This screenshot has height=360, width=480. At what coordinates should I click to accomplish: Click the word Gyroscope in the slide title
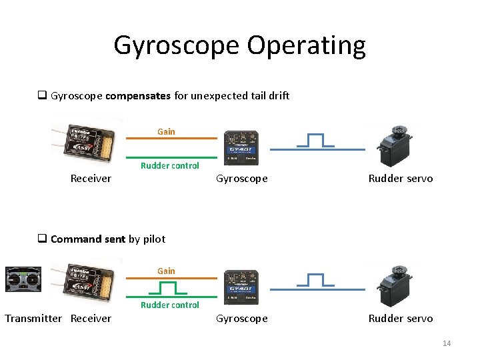(x=176, y=46)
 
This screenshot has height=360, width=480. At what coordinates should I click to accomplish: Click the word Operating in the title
(x=306, y=46)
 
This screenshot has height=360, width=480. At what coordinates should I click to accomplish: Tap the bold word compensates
(x=138, y=95)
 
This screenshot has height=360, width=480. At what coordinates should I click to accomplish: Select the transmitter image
(x=23, y=279)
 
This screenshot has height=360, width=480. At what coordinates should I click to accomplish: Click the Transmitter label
(x=33, y=319)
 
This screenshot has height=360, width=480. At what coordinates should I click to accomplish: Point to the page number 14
(x=447, y=343)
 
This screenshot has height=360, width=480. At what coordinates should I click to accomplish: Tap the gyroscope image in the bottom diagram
(x=242, y=287)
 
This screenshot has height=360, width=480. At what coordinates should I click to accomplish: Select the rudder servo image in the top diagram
(x=399, y=145)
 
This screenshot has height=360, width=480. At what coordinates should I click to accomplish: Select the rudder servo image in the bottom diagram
(x=399, y=285)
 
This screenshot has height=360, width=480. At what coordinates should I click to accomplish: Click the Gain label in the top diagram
(x=166, y=131)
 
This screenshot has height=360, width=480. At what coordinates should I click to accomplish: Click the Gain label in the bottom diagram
(x=166, y=271)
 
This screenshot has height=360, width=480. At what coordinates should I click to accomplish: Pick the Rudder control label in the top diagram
(x=169, y=165)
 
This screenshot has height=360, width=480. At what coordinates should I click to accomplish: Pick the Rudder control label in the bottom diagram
(x=169, y=305)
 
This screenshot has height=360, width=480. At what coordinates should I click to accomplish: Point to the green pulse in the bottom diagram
(x=168, y=288)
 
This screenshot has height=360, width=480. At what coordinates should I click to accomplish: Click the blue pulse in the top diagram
(x=315, y=141)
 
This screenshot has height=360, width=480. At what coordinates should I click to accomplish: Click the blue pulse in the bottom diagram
(x=315, y=281)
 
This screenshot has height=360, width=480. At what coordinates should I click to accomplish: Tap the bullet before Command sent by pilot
(x=41, y=239)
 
